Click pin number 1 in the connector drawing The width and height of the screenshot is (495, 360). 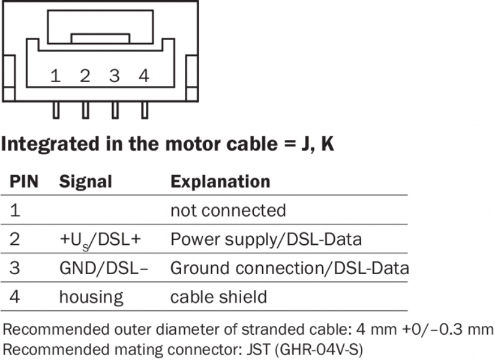(55, 76)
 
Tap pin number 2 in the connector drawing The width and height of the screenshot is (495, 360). (85, 76)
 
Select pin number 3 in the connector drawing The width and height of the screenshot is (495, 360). (114, 76)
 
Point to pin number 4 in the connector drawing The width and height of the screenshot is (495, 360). (143, 76)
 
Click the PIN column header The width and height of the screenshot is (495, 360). (23, 182)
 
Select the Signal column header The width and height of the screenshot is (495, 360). (85, 182)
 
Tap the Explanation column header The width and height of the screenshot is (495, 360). (220, 182)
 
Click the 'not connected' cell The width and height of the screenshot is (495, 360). (228, 211)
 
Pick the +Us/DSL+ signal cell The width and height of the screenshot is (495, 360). (100, 240)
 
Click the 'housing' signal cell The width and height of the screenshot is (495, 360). (90, 297)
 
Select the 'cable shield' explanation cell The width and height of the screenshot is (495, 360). (218, 297)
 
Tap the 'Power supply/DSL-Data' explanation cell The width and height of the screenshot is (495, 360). (266, 240)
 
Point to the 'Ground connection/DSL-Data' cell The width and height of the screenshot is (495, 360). (289, 268)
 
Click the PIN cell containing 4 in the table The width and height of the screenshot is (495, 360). (15, 297)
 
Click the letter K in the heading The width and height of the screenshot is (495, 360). (328, 145)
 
